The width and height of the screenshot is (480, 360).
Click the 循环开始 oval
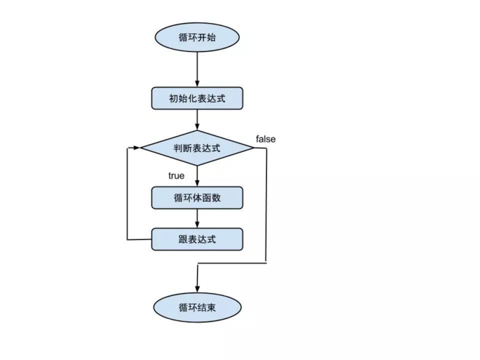[x=196, y=37]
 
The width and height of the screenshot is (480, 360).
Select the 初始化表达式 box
[x=196, y=98]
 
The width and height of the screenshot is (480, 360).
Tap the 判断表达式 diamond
[x=196, y=148]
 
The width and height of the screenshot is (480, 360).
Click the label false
[x=266, y=138]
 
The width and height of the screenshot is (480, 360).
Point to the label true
[x=176, y=175]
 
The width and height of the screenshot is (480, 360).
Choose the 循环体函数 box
[x=196, y=197]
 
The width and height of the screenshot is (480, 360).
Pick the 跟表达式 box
[x=196, y=239]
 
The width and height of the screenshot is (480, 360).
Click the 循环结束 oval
[x=196, y=307]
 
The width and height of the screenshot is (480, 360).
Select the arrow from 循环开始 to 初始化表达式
[x=196, y=68]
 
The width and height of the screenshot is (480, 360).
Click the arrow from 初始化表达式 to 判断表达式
[x=196, y=120]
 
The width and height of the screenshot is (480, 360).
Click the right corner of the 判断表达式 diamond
[x=253, y=148]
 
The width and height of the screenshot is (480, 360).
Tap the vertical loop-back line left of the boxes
[x=127, y=194]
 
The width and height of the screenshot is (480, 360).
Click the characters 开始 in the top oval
[x=206, y=37]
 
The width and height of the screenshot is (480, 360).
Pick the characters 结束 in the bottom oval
[x=206, y=307]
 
